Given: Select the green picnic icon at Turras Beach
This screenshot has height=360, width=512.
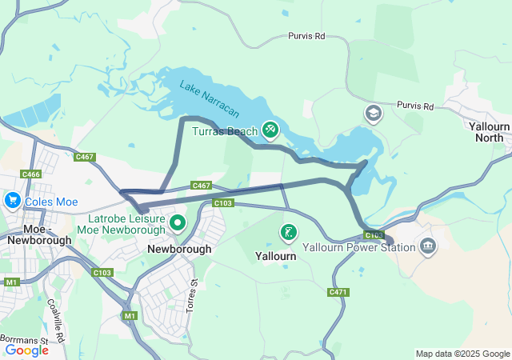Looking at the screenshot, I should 270,129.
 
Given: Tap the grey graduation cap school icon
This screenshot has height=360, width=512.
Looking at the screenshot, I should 373,114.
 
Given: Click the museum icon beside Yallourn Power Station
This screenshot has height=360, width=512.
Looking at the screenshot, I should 428,245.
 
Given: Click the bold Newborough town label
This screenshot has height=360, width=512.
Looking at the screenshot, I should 179,249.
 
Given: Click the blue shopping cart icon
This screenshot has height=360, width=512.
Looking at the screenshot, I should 12,200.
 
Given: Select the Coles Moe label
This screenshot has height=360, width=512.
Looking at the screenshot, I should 50,202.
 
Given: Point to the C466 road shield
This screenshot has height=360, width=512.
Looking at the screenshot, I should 31,174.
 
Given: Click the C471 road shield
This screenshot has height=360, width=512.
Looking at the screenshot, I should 338,292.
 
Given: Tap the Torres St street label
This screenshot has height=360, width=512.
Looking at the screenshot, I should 192,294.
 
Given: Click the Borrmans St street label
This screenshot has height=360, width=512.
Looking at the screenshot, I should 25,339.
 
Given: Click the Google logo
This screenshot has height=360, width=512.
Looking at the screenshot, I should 26,350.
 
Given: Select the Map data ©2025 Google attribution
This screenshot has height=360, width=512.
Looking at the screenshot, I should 462,354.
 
